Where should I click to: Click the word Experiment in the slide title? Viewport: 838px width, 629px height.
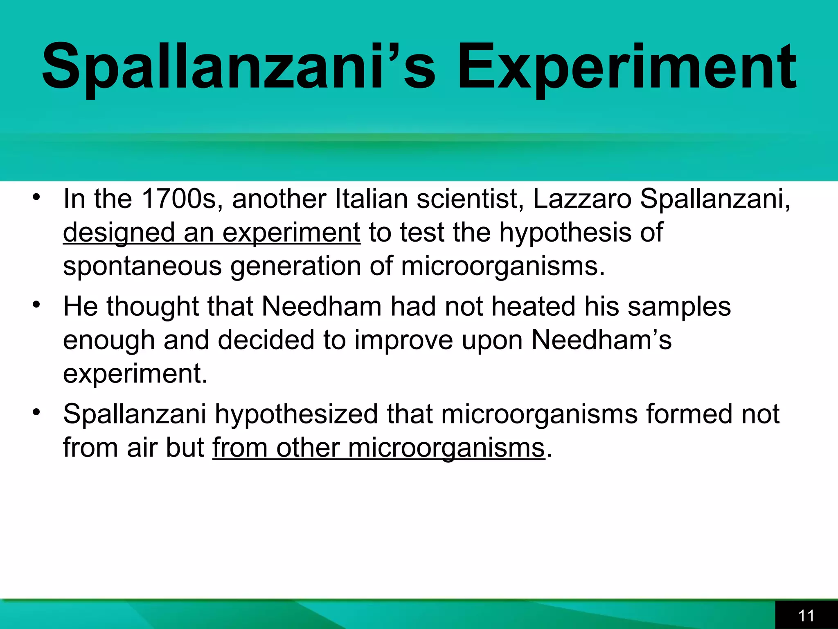626,68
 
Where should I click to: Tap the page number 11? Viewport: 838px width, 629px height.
806,615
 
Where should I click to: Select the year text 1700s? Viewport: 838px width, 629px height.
178,199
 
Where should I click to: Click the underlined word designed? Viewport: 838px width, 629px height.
119,233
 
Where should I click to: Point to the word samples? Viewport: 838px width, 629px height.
679,307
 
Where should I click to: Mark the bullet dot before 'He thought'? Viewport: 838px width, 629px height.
37,305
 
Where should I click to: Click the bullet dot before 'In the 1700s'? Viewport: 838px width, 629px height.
37,197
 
